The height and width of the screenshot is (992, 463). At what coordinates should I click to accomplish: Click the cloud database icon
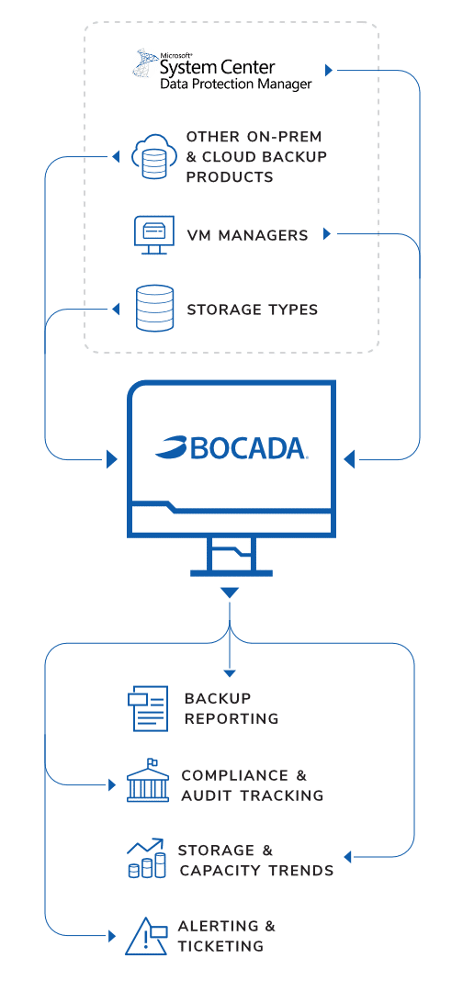152,156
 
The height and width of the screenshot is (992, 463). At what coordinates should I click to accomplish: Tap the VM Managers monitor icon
153,235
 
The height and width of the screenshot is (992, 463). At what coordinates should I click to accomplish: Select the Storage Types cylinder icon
154,308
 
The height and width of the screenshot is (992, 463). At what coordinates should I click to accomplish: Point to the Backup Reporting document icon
147,708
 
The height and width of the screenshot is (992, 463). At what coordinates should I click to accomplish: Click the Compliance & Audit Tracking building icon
148,781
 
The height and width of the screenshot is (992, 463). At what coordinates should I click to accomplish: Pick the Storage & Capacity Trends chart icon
146,858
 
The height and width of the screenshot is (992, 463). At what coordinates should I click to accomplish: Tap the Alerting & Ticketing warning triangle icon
146,936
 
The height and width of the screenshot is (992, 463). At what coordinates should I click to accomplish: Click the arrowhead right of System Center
328,69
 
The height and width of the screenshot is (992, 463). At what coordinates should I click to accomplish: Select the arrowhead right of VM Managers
327,234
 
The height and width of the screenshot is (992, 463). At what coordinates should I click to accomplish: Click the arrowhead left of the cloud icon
115,156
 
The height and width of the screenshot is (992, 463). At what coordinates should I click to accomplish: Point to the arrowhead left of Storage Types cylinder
115,309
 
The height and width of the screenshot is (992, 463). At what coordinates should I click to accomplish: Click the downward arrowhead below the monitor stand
229,592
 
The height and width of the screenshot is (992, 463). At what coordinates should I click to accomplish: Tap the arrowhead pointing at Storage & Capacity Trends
347,857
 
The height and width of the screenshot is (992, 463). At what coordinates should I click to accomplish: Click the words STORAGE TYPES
253,310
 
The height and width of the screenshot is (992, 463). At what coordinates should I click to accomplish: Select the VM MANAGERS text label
247,235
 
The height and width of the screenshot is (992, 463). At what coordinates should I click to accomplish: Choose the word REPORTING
231,718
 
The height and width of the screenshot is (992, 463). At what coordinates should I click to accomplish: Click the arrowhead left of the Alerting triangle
113,935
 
